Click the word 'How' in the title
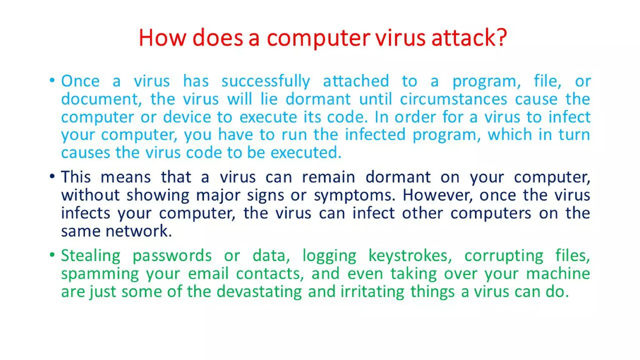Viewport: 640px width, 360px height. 162,38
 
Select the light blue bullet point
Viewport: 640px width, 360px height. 52,80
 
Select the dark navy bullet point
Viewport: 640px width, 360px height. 52,176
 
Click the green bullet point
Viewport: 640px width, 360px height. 52,255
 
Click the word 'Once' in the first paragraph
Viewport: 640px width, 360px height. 80,81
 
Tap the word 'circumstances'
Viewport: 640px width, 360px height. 453,99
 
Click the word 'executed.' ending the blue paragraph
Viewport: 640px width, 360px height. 306,153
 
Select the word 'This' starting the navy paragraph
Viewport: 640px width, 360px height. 76,177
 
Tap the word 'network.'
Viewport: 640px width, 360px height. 139,231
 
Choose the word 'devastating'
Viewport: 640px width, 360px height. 259,292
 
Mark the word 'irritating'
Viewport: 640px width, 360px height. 372,292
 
